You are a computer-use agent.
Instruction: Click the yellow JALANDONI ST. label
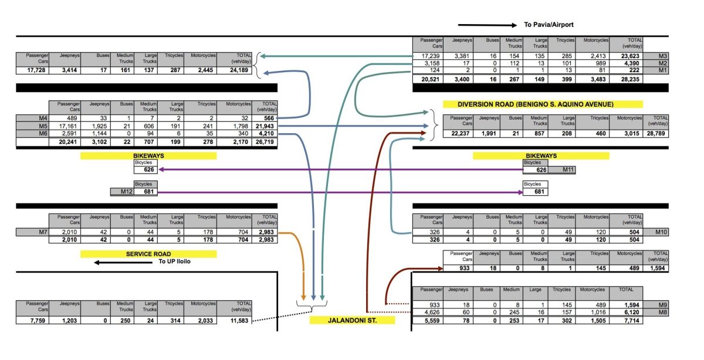pos(352,321)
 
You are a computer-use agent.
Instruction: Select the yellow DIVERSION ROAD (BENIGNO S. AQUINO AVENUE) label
pos(543,104)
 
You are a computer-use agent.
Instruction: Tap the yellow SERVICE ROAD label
pos(148,254)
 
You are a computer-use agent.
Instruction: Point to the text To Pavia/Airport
pos(549,25)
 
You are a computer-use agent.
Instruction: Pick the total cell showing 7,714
pos(631,321)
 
